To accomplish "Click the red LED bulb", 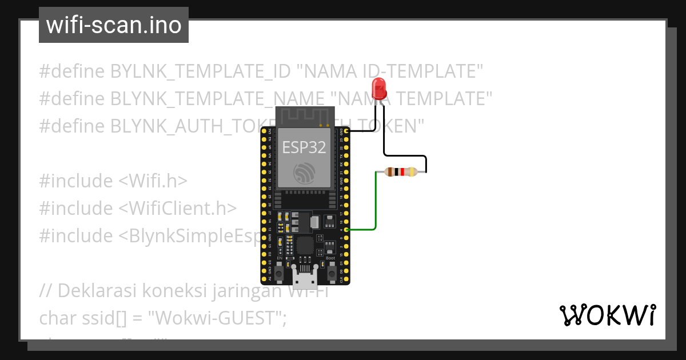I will (x=378, y=89).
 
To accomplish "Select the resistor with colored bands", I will (x=401, y=171).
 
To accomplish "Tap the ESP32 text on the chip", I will (x=304, y=147).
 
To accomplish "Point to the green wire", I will (x=376, y=206).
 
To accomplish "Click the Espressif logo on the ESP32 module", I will (x=304, y=173).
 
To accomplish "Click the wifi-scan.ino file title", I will (x=114, y=25).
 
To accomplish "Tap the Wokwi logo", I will (x=607, y=315).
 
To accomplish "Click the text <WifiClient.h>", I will (x=177, y=209).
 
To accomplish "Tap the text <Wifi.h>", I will (x=153, y=181).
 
